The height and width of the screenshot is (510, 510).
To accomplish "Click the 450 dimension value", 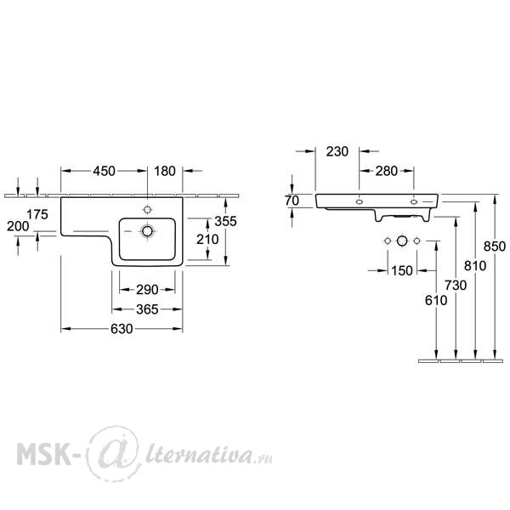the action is (x=104, y=171).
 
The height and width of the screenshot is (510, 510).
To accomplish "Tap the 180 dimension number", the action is (x=165, y=171).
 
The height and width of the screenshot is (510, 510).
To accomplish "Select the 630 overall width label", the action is (x=122, y=329).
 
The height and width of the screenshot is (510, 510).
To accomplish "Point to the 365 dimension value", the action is (x=147, y=309).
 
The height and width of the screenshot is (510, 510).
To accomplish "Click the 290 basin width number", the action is (x=147, y=290).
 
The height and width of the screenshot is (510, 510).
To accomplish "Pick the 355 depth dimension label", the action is (x=225, y=222).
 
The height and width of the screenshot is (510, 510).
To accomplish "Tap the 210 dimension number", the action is (x=207, y=240).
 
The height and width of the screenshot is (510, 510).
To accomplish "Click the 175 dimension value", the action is (x=37, y=214).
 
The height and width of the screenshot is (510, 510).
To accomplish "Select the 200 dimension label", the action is (x=18, y=226).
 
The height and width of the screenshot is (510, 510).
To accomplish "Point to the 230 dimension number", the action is (x=337, y=151).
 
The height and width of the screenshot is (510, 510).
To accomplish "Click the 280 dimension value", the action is (x=387, y=171).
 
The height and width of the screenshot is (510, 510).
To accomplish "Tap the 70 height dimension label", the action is (x=292, y=201).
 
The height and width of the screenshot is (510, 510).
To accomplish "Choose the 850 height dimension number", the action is (x=495, y=246).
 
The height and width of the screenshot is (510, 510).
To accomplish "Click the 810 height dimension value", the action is (x=475, y=266).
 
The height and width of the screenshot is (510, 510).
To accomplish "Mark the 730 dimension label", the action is (x=456, y=286).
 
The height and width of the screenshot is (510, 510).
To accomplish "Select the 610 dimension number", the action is (x=436, y=301).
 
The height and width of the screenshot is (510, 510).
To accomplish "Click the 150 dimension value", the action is (x=402, y=270).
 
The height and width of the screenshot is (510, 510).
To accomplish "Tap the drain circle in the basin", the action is (x=147, y=231).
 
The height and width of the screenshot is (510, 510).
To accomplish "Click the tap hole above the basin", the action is (x=147, y=209).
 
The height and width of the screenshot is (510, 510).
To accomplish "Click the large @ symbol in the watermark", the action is (x=114, y=453).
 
